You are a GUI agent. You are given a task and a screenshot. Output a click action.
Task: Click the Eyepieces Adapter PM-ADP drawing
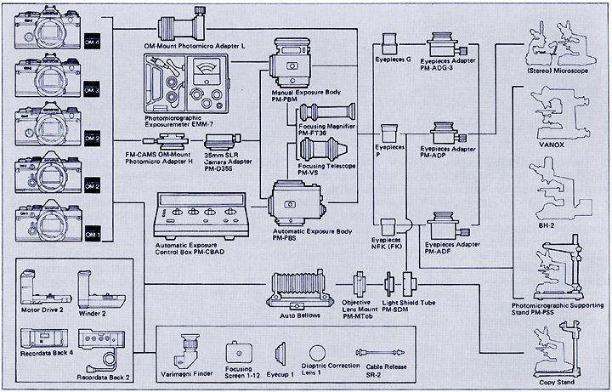pyautogui.click(x=445, y=134)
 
